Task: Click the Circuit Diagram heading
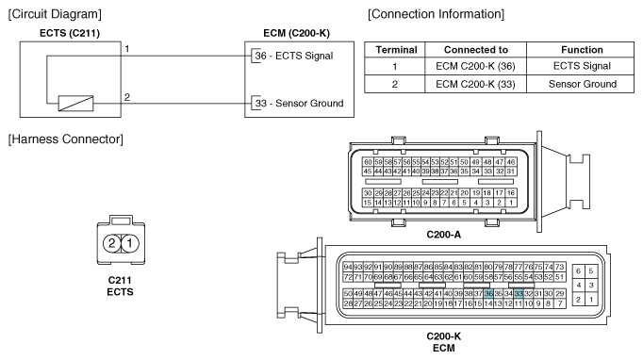tap(55, 14)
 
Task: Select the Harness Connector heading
tap(65, 139)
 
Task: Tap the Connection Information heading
tap(436, 14)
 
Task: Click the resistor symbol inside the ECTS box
tap(75, 104)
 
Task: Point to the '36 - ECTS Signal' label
tap(294, 56)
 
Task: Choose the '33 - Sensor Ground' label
tap(300, 104)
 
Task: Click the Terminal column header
tap(397, 50)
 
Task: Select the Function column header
tap(582, 50)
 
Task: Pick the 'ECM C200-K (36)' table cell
tap(475, 66)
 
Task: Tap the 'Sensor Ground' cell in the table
tap(583, 84)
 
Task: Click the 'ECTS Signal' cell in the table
tap(582, 66)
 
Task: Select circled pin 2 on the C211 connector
tap(111, 243)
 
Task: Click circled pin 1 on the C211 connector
tap(129, 243)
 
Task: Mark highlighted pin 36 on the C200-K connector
tap(488, 294)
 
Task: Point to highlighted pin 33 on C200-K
tap(519, 294)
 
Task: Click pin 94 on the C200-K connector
tap(348, 267)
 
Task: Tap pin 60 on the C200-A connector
tap(368, 162)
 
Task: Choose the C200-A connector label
tap(444, 235)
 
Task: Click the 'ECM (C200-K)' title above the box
tap(296, 33)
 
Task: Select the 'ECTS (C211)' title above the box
tap(70, 33)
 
